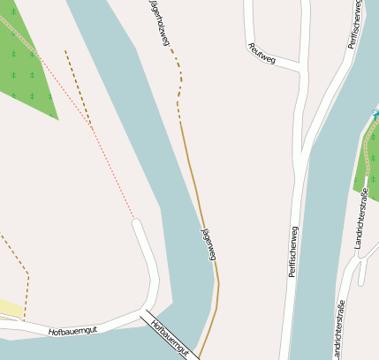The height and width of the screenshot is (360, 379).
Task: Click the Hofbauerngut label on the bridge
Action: (x=171, y=338)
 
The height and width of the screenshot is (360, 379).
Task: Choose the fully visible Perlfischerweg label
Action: (x=293, y=251)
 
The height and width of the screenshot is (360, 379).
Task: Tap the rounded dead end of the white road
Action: (x=137, y=224)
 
